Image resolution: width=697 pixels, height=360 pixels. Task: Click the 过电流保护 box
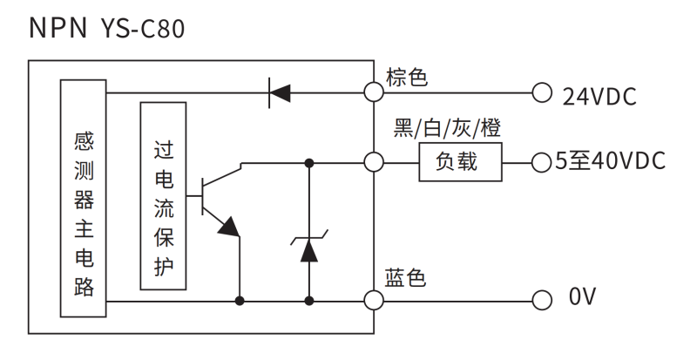(162, 196)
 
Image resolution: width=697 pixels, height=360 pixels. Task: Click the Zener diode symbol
(309, 247)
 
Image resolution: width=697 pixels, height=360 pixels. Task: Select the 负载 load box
(460, 162)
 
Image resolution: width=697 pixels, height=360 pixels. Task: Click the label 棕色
(406, 78)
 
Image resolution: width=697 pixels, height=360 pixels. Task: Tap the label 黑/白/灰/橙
(447, 129)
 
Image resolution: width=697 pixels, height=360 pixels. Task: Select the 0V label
(583, 300)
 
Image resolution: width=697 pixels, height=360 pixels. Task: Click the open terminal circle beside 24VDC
(542, 91)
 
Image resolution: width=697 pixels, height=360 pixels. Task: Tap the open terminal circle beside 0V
(542, 300)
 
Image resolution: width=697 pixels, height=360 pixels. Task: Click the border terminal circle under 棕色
(375, 91)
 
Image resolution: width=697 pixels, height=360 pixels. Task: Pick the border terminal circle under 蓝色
(375, 300)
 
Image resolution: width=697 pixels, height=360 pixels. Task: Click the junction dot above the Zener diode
(309, 162)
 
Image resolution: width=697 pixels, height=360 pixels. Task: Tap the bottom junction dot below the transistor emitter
(240, 300)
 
